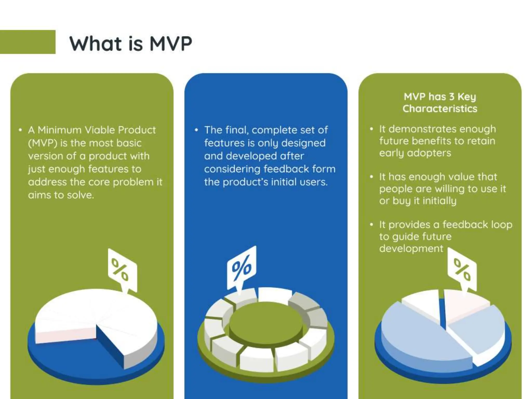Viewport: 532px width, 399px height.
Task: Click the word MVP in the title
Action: point(171,43)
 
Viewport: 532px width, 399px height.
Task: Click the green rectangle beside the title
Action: point(28,42)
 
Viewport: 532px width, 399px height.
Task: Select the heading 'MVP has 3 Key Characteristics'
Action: point(440,103)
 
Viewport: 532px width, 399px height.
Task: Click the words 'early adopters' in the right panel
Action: point(415,153)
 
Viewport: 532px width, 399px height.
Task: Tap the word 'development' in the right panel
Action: point(411,248)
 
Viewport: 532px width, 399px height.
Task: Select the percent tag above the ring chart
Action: point(242,268)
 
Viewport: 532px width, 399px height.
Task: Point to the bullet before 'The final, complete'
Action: point(196,130)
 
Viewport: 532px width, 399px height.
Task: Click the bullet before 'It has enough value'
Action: point(371,177)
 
